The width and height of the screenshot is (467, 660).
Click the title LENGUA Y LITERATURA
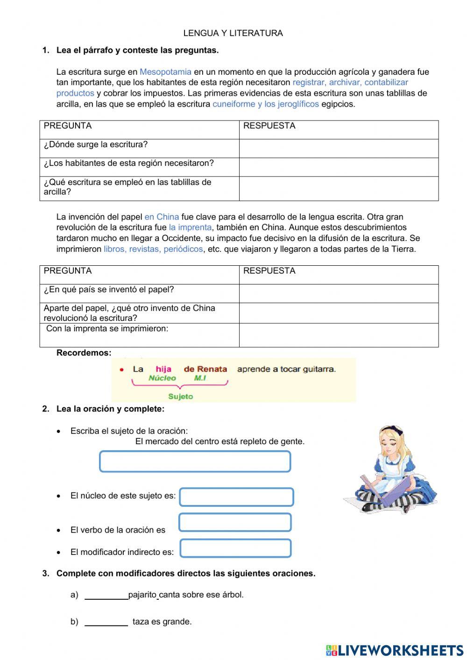pos(233,33)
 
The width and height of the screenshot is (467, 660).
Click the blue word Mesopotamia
pos(165,72)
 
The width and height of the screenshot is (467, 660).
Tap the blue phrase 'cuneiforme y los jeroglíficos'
pos(265,104)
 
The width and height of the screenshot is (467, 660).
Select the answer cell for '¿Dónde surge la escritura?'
pos(338,149)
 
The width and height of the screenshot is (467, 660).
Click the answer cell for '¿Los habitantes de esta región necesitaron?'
pos(338,167)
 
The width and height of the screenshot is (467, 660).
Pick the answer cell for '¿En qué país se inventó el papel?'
pos(338,294)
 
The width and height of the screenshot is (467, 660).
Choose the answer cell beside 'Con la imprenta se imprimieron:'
pos(338,335)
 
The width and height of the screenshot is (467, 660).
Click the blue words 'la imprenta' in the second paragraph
pos(190,227)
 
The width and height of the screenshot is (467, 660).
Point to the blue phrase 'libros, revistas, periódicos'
pos(153,249)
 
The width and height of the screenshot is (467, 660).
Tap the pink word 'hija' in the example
pos(163,369)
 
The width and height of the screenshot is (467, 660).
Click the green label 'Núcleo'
pos(162,378)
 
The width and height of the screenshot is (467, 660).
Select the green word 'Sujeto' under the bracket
pos(180,397)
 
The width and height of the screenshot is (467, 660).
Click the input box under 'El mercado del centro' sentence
pos(195,461)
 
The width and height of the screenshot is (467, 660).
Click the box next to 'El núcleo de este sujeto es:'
pos(236,497)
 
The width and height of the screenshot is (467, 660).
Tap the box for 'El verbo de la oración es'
pos(235,523)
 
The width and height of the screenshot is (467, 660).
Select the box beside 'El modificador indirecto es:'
pos(235,548)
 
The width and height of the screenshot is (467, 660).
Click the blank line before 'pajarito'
pos(106,596)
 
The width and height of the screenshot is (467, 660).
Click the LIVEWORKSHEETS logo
pos(394,650)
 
